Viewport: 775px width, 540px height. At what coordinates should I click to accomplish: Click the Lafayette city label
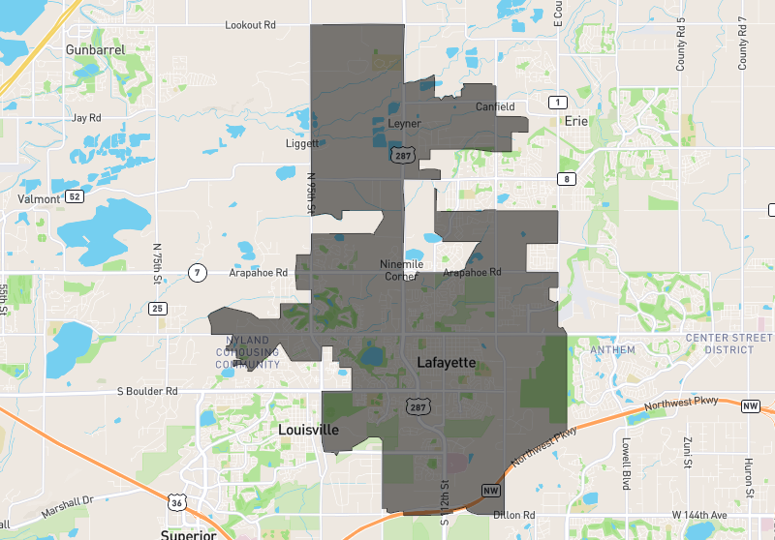pos(446,362)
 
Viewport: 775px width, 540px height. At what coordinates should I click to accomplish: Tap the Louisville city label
pos(308,429)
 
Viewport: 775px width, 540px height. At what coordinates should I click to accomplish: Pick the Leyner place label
pos(404,125)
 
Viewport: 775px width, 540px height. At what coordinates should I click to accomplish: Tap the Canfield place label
pos(494,107)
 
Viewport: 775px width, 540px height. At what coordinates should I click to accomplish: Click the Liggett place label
pos(302,144)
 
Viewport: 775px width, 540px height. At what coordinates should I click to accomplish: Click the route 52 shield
pos(75,197)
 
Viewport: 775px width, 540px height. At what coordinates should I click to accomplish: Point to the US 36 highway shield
pos(175,502)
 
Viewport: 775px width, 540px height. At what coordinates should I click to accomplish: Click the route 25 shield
pos(158,309)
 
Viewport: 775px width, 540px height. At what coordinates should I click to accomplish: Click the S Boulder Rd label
pos(147,392)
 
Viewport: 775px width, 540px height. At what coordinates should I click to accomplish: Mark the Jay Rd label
pos(86,118)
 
